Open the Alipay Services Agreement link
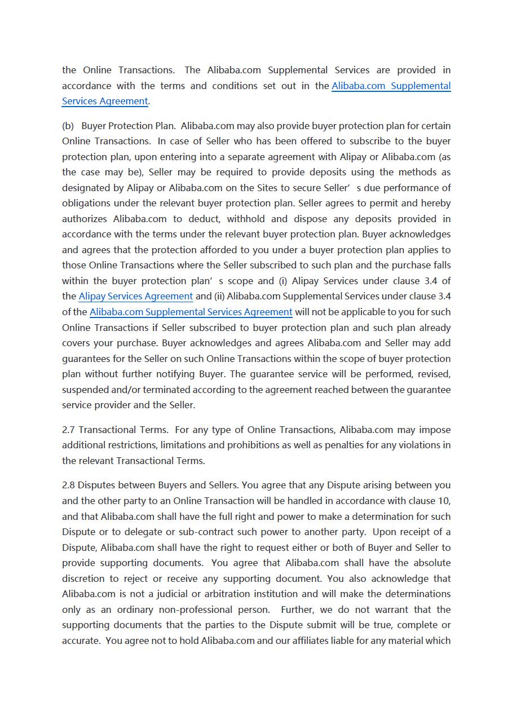point(135,297)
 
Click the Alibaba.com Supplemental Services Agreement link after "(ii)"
point(191,312)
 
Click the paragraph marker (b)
point(68,126)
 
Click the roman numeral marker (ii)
point(219,297)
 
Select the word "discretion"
point(83,579)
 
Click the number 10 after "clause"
point(444,501)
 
